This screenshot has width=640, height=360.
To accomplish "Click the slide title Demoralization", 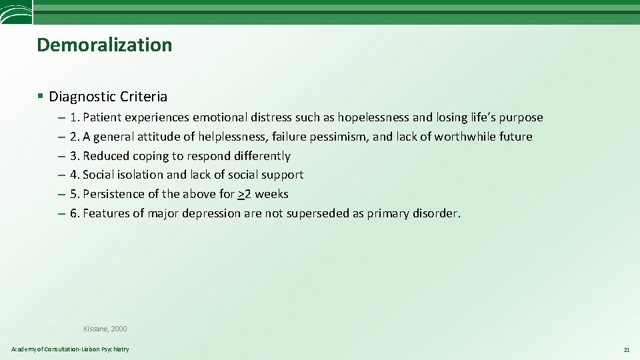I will (105, 45).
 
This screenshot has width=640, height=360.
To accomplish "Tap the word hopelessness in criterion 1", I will (373, 117).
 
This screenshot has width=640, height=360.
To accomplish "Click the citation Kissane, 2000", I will (105, 329).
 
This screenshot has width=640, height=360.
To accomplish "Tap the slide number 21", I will (626, 349).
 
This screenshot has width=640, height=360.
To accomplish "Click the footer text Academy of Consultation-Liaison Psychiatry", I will (71, 349).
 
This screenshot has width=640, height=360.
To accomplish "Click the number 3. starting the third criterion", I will (75, 156).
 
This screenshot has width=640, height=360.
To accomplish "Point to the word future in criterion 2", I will (514, 137).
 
